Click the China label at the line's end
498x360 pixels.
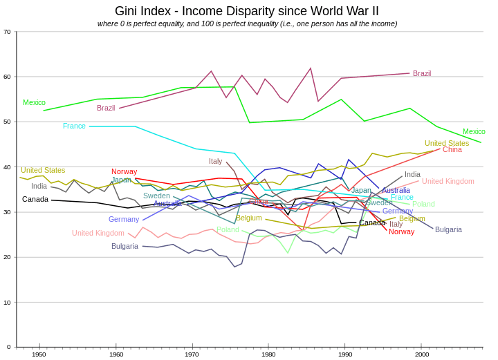(452, 149)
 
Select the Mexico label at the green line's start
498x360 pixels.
(34, 102)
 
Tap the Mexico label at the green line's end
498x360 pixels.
(474, 131)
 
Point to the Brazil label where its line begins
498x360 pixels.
(106, 108)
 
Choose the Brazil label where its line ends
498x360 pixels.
(422, 73)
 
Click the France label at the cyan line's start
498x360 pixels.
(74, 126)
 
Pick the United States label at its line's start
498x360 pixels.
(43, 170)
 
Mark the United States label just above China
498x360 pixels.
(446, 143)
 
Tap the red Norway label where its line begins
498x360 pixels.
(124, 171)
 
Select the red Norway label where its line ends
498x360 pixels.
(401, 231)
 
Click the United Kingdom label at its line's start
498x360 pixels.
(98, 233)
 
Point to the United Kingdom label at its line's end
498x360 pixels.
(448, 181)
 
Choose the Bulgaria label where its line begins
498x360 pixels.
(125, 246)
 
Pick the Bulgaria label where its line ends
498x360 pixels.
(448, 229)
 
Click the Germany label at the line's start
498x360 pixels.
(124, 219)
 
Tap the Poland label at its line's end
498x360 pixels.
(423, 204)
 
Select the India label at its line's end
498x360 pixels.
(412, 175)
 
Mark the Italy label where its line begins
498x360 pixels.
(215, 161)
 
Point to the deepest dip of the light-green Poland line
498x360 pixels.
(288, 254)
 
